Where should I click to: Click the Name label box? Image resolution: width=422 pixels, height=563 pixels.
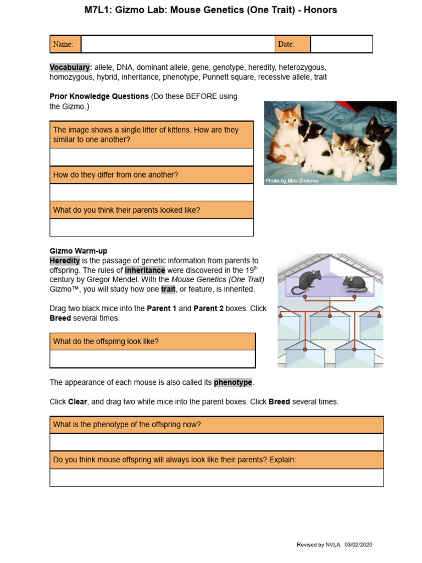pos(65,44)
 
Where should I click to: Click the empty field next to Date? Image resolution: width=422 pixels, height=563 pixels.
pos(341,44)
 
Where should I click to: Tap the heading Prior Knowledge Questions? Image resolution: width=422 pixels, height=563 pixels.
pos(99,96)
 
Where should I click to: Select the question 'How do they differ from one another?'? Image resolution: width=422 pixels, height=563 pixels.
pos(115,175)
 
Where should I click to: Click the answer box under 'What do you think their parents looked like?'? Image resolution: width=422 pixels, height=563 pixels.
pos(152,227)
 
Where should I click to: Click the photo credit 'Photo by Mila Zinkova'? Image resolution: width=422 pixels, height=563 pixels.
pos(292,180)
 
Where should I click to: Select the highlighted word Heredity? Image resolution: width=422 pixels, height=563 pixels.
pos(65,261)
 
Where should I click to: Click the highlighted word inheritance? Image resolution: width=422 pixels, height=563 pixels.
pos(145,271)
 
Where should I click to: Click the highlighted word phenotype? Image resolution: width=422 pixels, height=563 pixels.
pos(233,382)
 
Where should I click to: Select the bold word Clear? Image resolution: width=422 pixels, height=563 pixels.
pos(77,402)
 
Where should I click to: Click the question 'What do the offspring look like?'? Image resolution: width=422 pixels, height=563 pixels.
pos(106,341)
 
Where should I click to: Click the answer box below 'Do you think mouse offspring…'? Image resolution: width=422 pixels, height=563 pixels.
pos(216,477)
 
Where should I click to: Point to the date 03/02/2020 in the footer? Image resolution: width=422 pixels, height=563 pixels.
pos(359,544)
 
